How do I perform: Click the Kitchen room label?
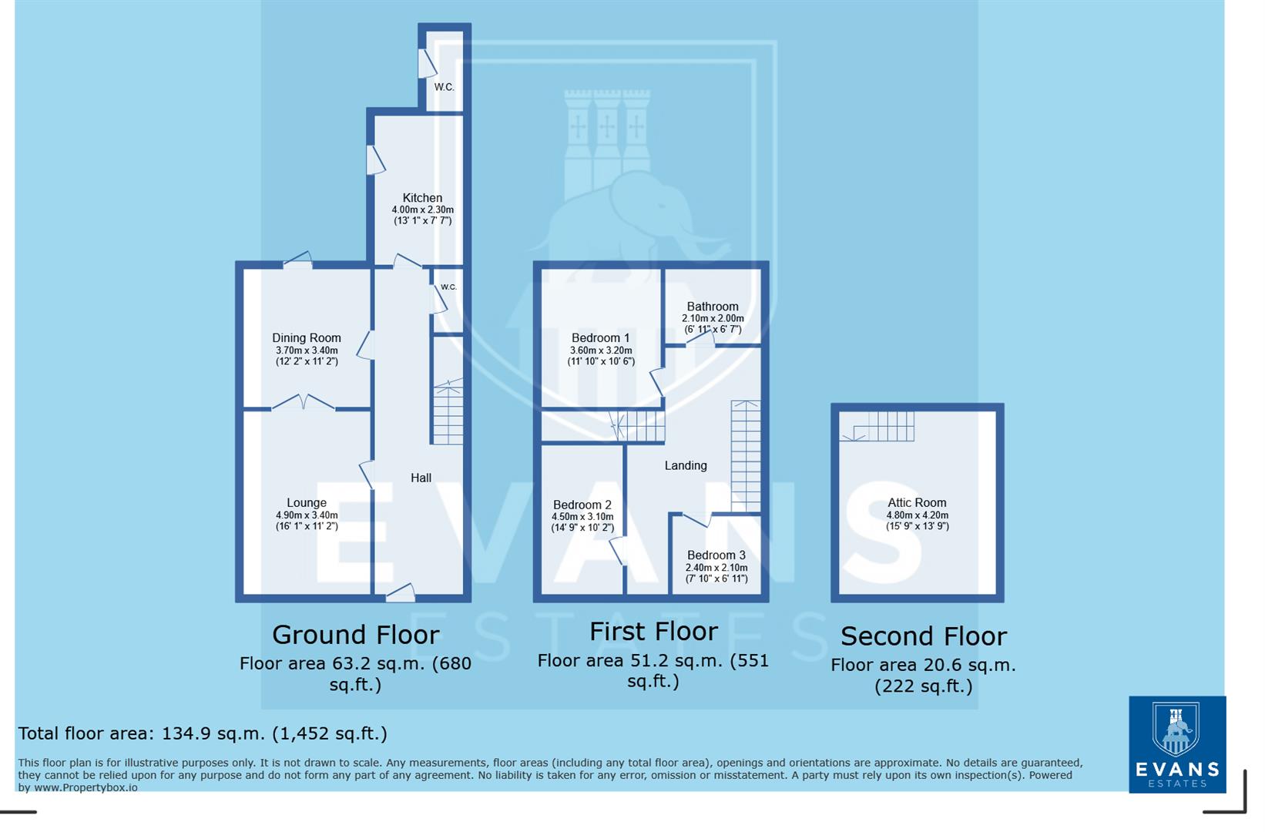point(422,198)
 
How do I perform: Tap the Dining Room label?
point(306,338)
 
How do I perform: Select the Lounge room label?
point(307,503)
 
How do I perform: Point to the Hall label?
point(421,478)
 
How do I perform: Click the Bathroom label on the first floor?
point(713,307)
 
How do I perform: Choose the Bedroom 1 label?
point(600,338)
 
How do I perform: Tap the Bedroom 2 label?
point(582,505)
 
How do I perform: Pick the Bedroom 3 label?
point(716,555)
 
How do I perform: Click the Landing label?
point(686,465)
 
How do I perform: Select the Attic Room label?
point(917,503)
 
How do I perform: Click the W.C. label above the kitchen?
point(444,87)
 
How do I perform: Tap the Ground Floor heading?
point(355,635)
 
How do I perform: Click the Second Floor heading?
point(923,636)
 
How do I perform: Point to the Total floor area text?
point(203,733)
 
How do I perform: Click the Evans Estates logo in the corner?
point(1176,744)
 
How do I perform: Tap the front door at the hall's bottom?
point(401,592)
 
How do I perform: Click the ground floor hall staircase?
point(448,413)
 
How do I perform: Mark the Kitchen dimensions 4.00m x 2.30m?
point(422,210)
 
